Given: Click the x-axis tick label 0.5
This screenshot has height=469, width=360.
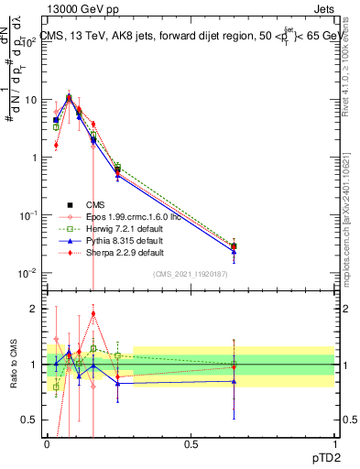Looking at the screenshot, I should pos(191,444).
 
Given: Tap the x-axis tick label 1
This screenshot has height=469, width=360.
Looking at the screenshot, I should pos(333,444).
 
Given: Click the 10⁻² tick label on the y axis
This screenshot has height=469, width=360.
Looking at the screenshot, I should pos(31,272).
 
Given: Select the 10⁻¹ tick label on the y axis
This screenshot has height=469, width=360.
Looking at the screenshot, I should pos(31,214).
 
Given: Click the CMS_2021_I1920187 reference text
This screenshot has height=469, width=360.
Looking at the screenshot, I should pos(191,274).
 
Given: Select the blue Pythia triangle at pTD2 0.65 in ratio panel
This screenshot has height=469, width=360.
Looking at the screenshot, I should pos(234,381).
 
